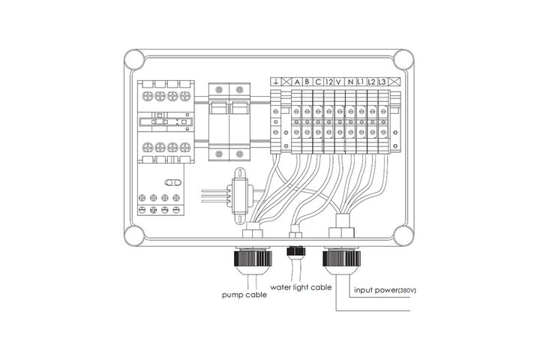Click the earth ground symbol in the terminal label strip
[x=275, y=82]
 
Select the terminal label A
[x=297, y=82]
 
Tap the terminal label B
[x=307, y=82]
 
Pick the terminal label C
[x=318, y=82]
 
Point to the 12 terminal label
[x=329, y=82]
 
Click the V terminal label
[x=339, y=82]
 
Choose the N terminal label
[x=350, y=82]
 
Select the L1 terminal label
[x=361, y=82]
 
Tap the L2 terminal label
[x=371, y=82]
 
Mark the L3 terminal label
[x=382, y=82]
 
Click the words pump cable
[x=244, y=295]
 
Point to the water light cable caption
[x=301, y=287]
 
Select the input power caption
[x=376, y=290]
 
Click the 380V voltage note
[x=406, y=291]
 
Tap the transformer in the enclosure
[x=240, y=196]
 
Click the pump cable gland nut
[x=253, y=258]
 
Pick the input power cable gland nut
[x=341, y=258]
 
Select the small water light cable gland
[x=295, y=250]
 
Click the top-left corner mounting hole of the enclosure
[x=134, y=59]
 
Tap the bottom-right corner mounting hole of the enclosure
[x=403, y=235]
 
